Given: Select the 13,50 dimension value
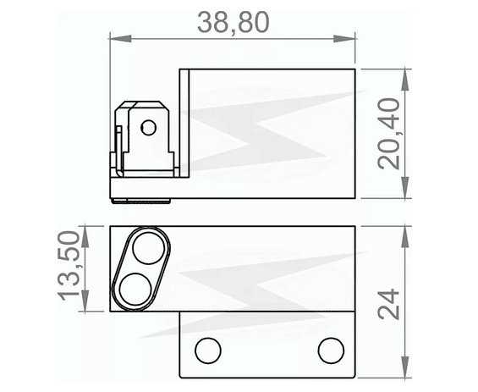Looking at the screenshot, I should [x=71, y=268].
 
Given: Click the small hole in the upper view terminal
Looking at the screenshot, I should [x=149, y=128].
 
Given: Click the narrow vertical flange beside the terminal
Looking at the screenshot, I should [x=184, y=124].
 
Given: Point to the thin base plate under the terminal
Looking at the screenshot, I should [x=144, y=188].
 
